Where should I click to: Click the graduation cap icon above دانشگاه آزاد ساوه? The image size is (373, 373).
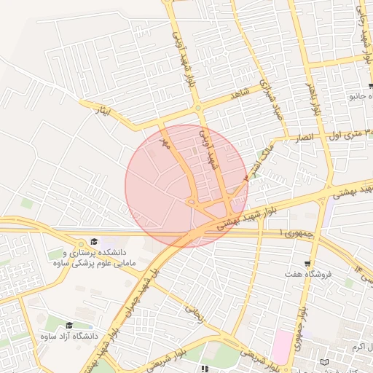pyautogui.click(x=69, y=326)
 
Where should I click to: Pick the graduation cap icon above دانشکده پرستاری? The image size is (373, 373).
pyautogui.click(x=93, y=241)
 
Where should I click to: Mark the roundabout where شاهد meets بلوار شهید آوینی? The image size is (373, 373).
pyautogui.click(x=198, y=109)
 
